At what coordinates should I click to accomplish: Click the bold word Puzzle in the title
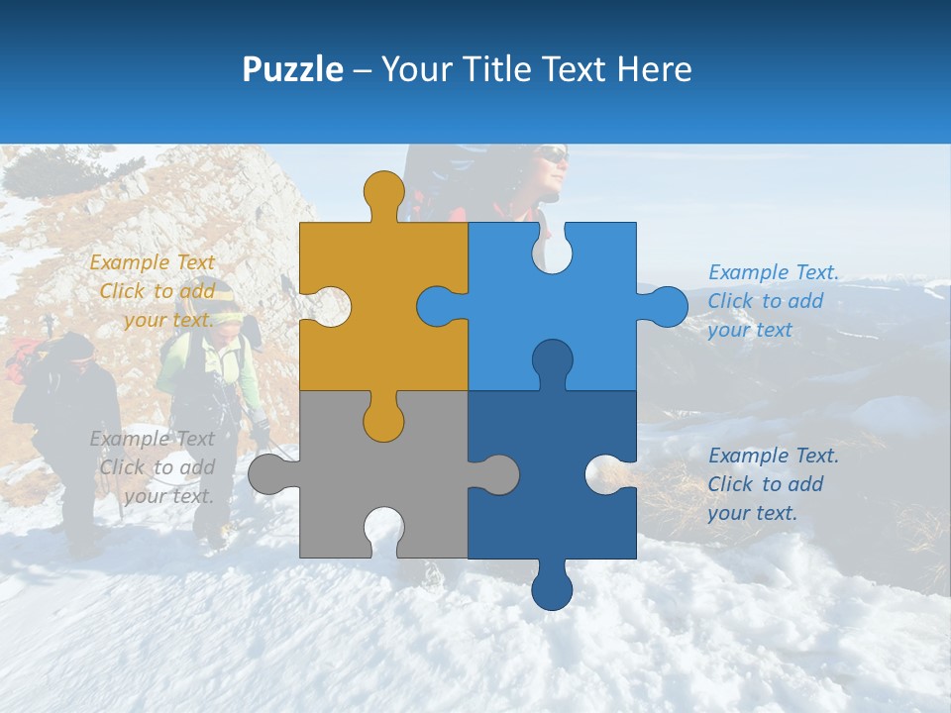coord(292,69)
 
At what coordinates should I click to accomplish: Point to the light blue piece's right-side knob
coord(666,306)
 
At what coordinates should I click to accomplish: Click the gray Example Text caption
coord(155,467)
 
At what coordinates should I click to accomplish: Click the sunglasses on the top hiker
coord(553,154)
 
